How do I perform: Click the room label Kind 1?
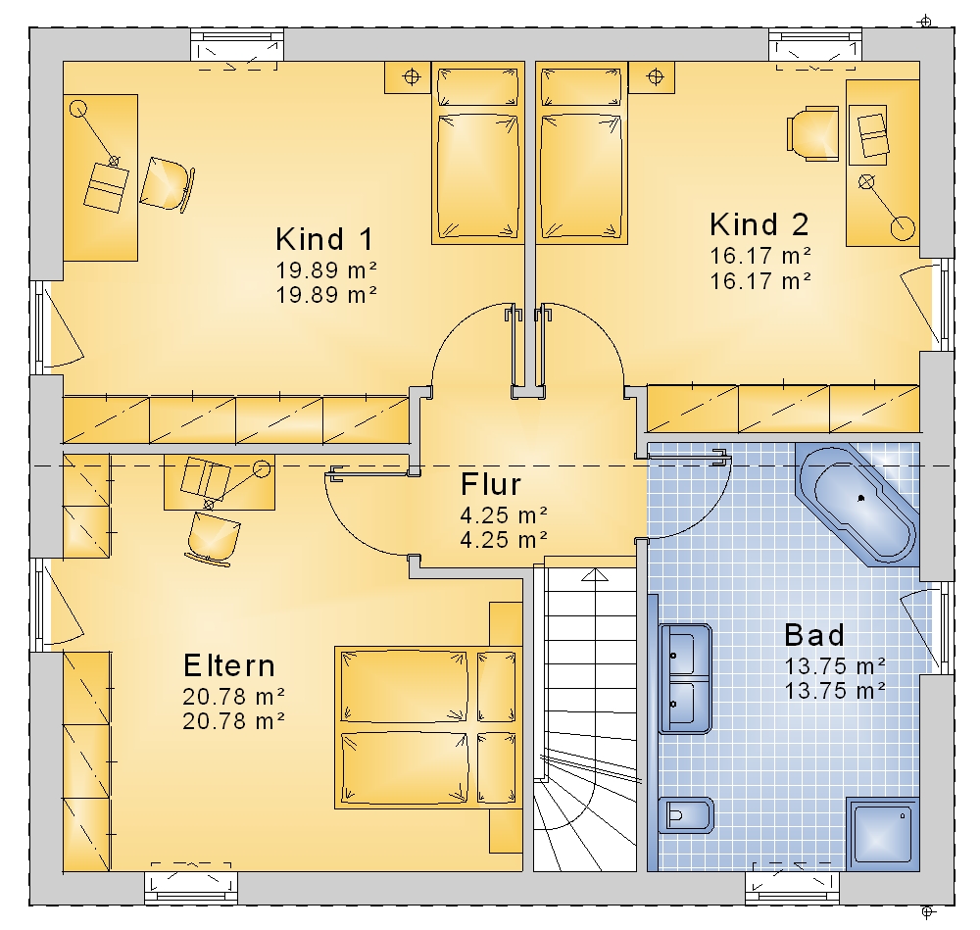tap(324, 239)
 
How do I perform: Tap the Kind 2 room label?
tap(759, 223)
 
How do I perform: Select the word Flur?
tap(491, 484)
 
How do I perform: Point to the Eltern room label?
tap(228, 665)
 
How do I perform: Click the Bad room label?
tap(814, 635)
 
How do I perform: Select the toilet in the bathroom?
tap(686, 815)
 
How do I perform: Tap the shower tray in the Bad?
tap(883, 834)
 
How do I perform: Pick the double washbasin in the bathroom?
tap(685, 679)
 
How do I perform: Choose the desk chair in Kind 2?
tap(811, 133)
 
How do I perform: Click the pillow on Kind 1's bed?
tap(477, 87)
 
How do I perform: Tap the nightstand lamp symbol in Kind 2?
tap(655, 76)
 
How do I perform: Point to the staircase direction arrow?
tap(595, 575)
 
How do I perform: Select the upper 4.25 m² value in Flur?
tap(504, 515)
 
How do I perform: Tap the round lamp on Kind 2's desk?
tap(903, 228)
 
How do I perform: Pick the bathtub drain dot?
tap(861, 498)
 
